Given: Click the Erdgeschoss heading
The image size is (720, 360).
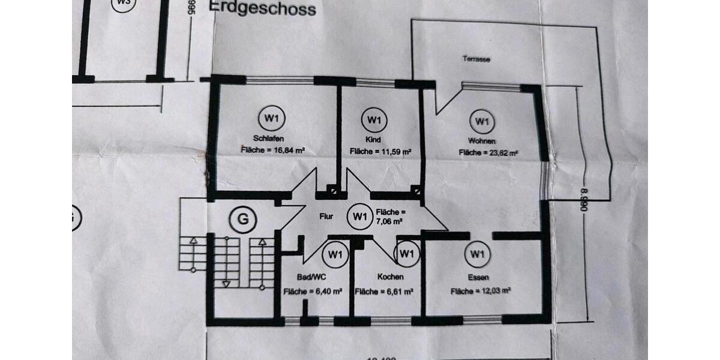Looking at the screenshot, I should point(262,8).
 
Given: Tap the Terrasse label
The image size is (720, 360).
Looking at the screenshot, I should point(476,59).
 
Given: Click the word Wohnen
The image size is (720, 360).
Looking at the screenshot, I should point(484,141).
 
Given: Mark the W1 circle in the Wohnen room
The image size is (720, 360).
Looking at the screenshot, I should point(481,122).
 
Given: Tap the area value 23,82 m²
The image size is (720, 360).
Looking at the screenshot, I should point(488,153).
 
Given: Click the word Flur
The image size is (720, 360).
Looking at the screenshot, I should point(326,216).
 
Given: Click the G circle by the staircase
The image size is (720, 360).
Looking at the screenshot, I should point(242,219).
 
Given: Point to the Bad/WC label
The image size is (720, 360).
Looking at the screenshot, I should point(311,277).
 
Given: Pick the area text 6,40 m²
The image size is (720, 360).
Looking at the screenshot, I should point(313,292).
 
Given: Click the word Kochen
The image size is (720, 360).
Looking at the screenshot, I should point(390,277).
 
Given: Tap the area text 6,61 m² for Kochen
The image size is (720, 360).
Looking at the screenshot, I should point(385,292).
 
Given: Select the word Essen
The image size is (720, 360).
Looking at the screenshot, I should point(479,277).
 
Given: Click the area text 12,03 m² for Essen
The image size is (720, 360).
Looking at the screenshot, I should point(481,291).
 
